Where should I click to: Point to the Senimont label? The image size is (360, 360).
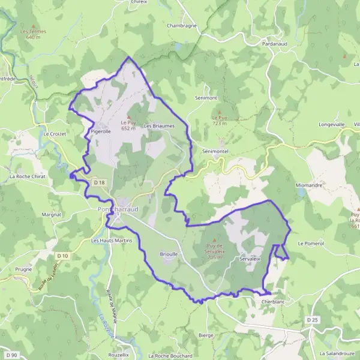coord(206,97)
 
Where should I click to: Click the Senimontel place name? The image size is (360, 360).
coord(216,151)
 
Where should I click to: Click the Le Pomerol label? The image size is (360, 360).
coord(311,243)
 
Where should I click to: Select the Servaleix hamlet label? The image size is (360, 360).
coord(250,259)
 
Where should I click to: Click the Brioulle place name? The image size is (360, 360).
coord(169,254)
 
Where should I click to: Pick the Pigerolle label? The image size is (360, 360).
coord(101,130)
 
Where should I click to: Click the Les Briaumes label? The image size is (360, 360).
coord(159,126)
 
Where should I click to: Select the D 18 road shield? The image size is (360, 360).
coord(99,182)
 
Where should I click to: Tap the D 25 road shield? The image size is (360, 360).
coord(311,320)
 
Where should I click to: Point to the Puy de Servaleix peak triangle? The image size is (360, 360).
coord(214,239)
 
